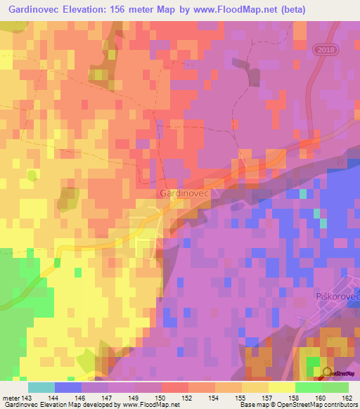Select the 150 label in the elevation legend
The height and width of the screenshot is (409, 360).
[162, 398]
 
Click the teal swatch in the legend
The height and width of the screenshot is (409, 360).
[41, 387]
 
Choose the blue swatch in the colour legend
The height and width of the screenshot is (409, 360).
[68, 387]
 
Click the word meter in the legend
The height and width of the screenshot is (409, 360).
[11, 398]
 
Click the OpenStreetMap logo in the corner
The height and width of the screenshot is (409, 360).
[337, 372]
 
